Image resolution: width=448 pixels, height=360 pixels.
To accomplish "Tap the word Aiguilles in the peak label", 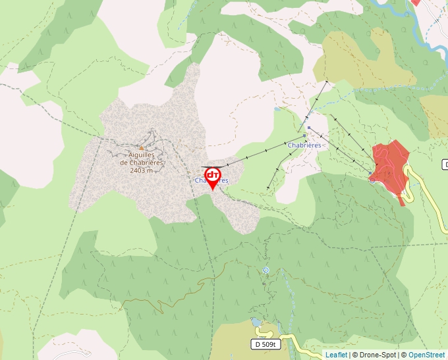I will point(142,155).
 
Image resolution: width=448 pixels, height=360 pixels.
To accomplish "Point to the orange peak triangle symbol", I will point(141,148).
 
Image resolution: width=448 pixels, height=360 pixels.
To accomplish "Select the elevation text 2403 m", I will point(141,170).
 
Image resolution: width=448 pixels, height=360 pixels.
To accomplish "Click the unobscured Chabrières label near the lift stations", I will point(304,145).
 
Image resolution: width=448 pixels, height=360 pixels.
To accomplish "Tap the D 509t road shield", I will point(266,344).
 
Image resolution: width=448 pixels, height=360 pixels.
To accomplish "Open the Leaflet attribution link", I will point(336,355).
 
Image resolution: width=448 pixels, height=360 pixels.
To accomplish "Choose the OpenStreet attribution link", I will point(426,355).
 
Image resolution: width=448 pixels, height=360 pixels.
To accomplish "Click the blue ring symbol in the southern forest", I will point(266,270).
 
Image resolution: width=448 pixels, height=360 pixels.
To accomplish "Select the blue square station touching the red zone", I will point(371,175).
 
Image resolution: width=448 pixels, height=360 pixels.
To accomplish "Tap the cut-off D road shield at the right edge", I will point(445,164).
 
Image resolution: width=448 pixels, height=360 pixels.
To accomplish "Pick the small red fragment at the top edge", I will point(415,2).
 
